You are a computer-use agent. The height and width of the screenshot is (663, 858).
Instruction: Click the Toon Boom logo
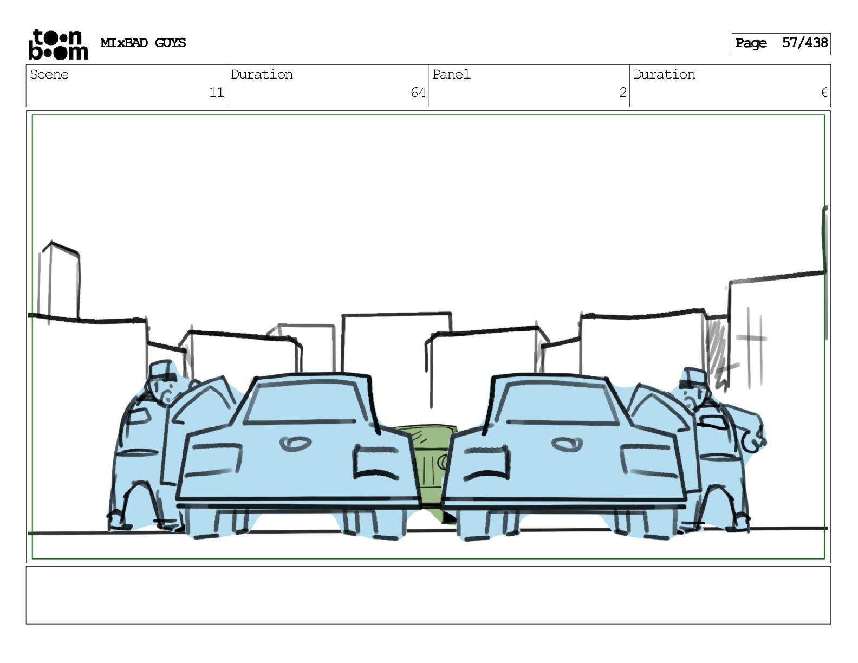[x=58, y=44]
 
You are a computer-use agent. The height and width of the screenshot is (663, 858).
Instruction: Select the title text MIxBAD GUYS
[x=143, y=43]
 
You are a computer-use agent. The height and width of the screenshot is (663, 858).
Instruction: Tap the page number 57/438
[x=804, y=43]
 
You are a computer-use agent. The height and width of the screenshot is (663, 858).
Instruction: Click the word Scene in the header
[x=49, y=74]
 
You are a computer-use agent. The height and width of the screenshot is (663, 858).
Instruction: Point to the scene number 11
[x=216, y=93]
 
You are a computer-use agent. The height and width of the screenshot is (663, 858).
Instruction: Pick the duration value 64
[x=418, y=93]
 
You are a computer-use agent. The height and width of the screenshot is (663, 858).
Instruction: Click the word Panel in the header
[x=451, y=74]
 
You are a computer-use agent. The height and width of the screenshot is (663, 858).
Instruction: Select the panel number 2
[x=622, y=93]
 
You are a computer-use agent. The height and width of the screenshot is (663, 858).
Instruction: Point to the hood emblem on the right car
[x=567, y=445]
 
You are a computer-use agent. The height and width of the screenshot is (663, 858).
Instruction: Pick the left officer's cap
[x=161, y=369]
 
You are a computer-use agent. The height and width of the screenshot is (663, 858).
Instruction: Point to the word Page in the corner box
[x=751, y=43]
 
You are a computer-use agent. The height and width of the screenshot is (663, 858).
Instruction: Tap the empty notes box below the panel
[x=428, y=595]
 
